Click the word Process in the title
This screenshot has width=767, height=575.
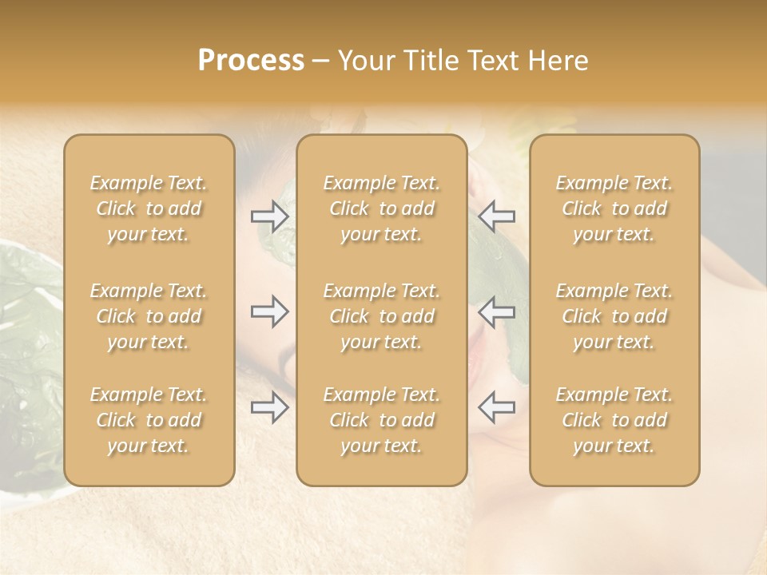tap(251, 61)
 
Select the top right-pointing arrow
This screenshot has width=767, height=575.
tap(269, 216)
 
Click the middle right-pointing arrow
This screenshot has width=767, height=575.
tap(269, 311)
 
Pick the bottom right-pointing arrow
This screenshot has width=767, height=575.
tap(269, 407)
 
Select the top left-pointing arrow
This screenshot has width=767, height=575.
tap(496, 216)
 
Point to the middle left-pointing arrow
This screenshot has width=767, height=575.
tap(496, 311)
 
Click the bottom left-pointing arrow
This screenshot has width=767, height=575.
tap(496, 407)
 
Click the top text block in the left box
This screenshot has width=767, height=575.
tap(149, 208)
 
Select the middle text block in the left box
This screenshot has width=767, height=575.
tap(149, 316)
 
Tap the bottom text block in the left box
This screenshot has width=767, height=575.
tap(149, 420)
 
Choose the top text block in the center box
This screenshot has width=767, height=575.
tap(382, 208)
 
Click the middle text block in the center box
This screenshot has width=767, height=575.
tap(382, 316)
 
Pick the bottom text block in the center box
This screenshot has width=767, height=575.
tap(382, 420)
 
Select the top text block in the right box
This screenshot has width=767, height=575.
tap(614, 208)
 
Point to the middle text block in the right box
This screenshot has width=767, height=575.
tap(614, 316)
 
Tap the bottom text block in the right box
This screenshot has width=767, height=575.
tap(614, 420)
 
